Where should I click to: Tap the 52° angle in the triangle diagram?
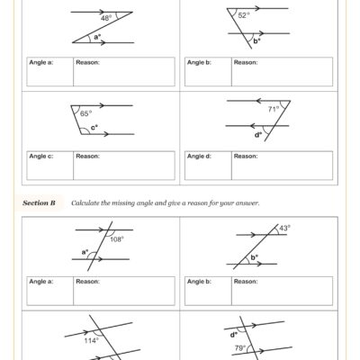point(244,15)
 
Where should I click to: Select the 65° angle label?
point(85,114)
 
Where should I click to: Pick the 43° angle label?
point(283,229)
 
